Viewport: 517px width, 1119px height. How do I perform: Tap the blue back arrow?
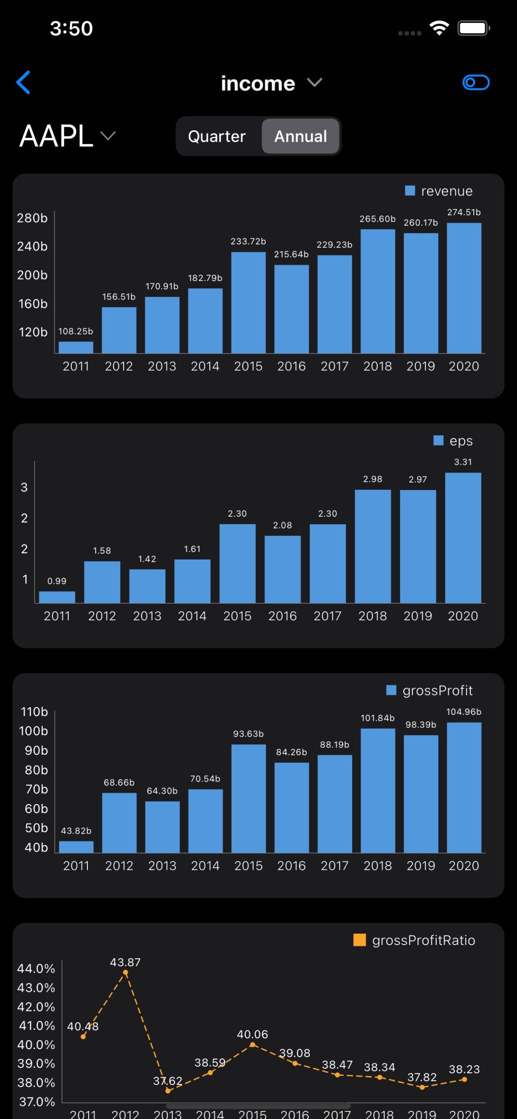pos(23,82)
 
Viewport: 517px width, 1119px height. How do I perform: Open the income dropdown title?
pos(271,83)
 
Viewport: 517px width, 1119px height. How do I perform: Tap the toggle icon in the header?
pos(475,82)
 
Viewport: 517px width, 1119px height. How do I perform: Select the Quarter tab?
pos(217,136)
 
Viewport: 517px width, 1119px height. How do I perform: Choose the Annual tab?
pos(301,136)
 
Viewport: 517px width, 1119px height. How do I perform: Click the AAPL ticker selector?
pos(67,136)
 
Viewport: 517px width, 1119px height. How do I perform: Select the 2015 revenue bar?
pos(248,302)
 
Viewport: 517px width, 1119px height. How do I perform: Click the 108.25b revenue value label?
pos(76,331)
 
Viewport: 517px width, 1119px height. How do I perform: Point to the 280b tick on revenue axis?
pos(32,218)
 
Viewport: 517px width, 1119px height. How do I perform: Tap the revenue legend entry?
pos(439,191)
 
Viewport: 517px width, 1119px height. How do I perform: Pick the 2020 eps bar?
pos(463,538)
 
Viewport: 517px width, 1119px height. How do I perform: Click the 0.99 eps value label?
pos(57,581)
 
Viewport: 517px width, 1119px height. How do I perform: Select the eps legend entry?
pos(453,441)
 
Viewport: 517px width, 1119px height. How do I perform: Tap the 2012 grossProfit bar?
pos(119,823)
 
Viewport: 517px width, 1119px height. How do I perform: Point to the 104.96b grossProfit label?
pos(464,712)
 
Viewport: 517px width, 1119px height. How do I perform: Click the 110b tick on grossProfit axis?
pos(34,712)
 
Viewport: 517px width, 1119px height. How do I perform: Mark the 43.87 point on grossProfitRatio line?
pos(125,973)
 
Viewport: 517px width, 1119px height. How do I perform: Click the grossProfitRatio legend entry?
pos(414,940)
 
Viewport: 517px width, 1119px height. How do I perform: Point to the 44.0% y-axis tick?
pos(36,969)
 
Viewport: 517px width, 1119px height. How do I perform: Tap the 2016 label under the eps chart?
pos(282,616)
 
